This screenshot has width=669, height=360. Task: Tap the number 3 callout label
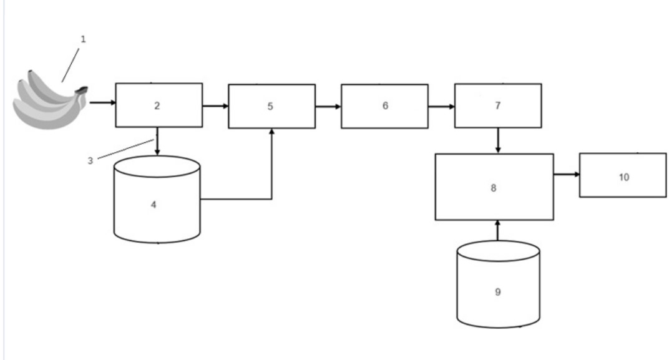(x=90, y=160)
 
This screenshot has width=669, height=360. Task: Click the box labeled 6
(x=384, y=106)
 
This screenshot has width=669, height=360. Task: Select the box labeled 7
(x=497, y=105)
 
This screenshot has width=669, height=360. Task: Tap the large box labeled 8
(x=494, y=187)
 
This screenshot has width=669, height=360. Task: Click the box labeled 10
(x=622, y=175)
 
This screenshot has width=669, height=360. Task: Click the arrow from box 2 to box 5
(x=215, y=105)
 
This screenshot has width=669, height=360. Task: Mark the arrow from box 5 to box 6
(x=328, y=106)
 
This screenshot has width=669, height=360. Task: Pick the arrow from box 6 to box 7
(x=441, y=106)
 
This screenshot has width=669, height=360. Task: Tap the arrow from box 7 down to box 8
(x=497, y=141)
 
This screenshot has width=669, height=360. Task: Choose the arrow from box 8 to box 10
(x=566, y=175)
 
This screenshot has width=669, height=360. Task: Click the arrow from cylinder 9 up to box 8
(x=497, y=230)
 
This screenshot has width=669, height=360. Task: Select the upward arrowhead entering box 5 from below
(x=272, y=133)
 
